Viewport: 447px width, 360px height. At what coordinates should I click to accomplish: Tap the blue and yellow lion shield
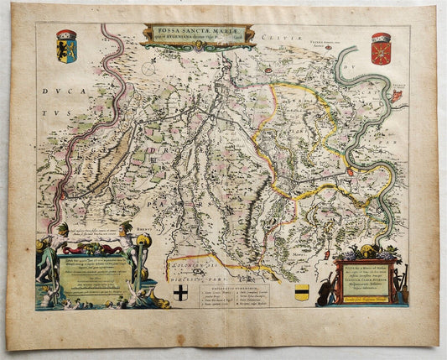[67, 44]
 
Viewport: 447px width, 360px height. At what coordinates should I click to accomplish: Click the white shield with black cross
[181, 292]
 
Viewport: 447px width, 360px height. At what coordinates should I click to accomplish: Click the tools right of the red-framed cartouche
[404, 290]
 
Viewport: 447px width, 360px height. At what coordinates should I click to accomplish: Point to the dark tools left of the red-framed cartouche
[329, 290]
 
